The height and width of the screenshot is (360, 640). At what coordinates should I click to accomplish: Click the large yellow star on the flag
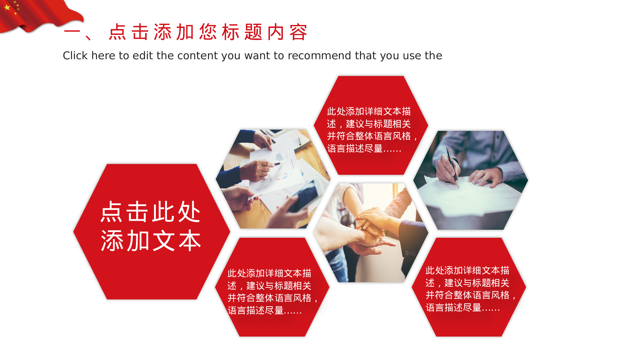point(7,7)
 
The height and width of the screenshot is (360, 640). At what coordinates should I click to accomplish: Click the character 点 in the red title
point(117,32)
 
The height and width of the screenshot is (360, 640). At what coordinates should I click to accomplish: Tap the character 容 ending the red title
point(298,32)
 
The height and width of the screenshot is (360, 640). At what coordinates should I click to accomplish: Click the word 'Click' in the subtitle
point(75,56)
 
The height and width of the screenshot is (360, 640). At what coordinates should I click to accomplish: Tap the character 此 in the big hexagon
point(164,212)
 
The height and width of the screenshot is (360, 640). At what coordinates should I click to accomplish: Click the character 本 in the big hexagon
point(190,240)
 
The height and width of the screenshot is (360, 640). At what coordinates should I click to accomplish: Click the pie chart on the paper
point(282,176)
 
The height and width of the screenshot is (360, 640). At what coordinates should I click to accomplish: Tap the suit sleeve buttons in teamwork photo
point(411,254)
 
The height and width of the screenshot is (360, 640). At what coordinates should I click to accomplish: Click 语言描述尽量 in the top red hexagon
point(355,148)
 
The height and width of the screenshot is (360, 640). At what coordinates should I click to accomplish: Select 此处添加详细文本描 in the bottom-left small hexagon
point(269,273)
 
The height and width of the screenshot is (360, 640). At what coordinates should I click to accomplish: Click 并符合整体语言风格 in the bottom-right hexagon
point(468,295)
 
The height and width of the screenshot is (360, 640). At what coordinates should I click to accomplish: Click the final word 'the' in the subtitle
point(434,56)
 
